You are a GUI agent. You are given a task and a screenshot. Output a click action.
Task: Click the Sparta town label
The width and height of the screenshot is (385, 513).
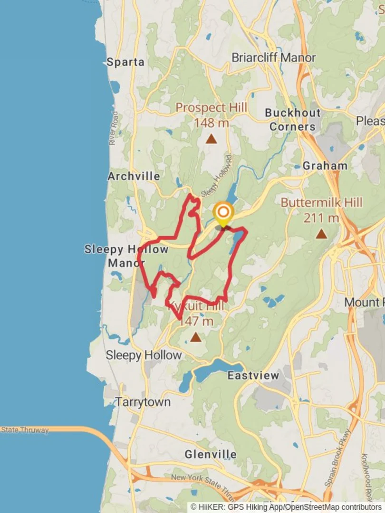(125, 62)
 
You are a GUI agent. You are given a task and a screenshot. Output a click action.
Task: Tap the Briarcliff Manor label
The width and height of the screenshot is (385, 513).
(273, 57)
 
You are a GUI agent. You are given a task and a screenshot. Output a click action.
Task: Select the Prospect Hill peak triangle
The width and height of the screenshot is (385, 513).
(211, 139)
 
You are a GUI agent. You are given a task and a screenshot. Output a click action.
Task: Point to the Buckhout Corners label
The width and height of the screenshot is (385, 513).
(293, 120)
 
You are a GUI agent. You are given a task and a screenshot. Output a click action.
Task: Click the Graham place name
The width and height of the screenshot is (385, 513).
(325, 166)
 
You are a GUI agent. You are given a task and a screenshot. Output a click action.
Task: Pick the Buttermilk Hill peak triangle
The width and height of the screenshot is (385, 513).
(322, 234)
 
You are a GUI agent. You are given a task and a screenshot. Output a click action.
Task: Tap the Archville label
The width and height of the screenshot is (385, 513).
(134, 176)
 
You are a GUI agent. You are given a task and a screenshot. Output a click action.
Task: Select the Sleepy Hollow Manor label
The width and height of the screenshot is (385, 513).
(126, 256)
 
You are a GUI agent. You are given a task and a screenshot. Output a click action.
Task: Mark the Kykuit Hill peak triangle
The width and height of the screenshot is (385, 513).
(195, 337)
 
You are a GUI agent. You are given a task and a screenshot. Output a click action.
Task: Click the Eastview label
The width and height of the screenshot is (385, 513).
(253, 375)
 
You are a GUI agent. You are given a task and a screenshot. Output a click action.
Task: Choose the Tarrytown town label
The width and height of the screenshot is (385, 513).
(143, 402)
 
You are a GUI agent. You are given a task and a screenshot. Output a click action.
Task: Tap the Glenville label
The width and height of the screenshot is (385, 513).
(211, 454)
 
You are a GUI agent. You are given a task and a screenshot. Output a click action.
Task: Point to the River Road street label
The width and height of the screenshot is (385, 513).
(114, 128)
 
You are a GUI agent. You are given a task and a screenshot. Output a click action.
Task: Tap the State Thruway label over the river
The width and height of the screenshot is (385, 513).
(25, 430)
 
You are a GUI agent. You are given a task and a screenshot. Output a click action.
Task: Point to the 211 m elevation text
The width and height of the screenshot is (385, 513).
(322, 218)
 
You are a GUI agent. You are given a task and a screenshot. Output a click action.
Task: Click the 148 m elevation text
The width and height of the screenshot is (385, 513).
(211, 123)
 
